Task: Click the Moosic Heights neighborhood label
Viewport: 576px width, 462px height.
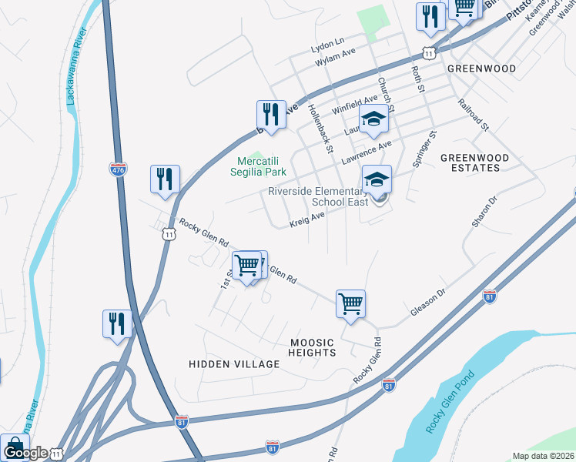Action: coord(313,347)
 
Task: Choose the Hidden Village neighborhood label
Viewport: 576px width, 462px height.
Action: coord(234,363)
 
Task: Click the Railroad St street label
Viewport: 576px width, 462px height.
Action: coord(473,115)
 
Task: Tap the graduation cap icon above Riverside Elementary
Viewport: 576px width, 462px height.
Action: coord(377,179)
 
